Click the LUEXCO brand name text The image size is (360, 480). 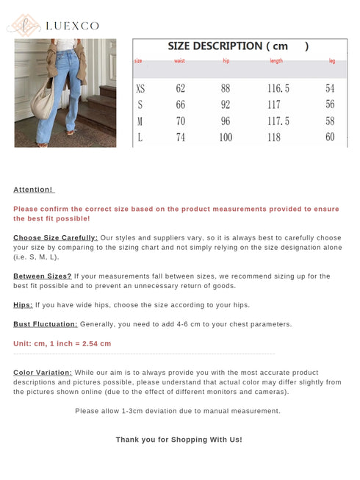(x=72, y=26)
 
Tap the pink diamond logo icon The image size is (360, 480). (x=23, y=25)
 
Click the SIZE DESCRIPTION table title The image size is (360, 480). (x=238, y=46)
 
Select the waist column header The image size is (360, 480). (x=179, y=61)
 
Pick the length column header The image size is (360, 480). (x=276, y=61)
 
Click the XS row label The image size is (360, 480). (x=140, y=89)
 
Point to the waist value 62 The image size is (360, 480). (x=181, y=89)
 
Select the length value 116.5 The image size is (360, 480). (x=278, y=89)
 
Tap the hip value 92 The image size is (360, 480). (x=226, y=105)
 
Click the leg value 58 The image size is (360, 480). (x=330, y=121)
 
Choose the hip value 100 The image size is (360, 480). (x=226, y=137)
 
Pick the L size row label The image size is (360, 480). (x=140, y=137)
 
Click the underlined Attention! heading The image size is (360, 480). (x=33, y=190)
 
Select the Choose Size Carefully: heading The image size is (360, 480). (x=55, y=238)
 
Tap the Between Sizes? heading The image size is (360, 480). (x=42, y=276)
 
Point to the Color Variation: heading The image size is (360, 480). (x=43, y=373)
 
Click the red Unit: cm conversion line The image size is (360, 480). (x=62, y=344)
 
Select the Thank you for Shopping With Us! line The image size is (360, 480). (x=179, y=440)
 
